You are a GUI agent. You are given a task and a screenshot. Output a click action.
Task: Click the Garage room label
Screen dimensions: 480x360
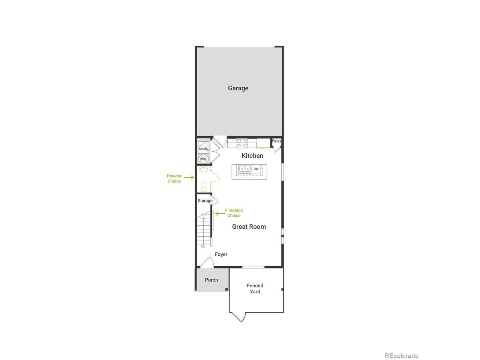[238, 88]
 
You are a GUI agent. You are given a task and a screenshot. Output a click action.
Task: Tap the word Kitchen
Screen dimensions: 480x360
[252, 156]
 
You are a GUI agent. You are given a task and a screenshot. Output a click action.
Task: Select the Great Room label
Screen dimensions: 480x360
[249, 226]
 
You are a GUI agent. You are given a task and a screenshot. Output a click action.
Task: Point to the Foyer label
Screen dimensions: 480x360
[221, 254]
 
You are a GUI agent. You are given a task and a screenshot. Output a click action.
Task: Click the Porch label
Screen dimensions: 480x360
[211, 280]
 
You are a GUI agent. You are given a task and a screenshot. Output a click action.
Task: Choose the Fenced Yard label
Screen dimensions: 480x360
[255, 288]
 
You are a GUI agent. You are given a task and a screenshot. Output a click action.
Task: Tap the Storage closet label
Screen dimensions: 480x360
[205, 201]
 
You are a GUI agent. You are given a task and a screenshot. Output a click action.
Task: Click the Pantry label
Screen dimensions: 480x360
[276, 141]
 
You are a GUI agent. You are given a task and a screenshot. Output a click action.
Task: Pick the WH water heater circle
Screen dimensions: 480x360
[203, 159]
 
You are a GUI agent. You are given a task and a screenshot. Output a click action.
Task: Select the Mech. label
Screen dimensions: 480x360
[203, 149]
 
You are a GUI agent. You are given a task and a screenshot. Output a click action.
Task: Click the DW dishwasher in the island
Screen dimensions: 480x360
[256, 169]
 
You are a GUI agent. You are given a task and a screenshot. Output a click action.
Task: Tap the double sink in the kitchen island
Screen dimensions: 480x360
[245, 169]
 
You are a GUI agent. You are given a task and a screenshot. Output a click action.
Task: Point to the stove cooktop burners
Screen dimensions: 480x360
[242, 143]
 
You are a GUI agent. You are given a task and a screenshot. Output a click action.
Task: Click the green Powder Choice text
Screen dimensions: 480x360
[174, 178]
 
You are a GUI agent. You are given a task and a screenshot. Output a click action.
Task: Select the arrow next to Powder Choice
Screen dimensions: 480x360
[189, 177]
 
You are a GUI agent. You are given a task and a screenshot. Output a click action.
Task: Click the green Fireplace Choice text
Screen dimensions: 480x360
[234, 213]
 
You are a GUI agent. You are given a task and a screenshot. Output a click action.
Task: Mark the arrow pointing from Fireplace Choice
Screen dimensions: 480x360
[220, 213]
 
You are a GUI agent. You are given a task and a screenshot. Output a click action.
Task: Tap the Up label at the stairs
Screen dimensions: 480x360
[203, 246]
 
